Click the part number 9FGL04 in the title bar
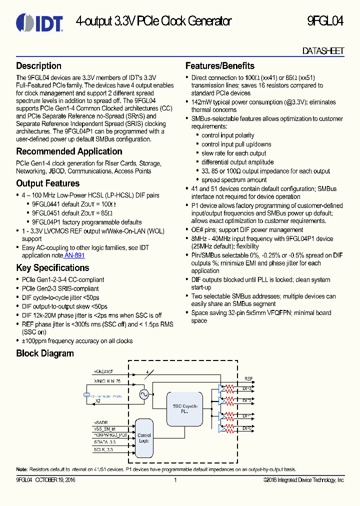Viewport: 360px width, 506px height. pos(325,21)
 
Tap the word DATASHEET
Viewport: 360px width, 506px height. pos(323,51)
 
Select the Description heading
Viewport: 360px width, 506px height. pos(38,66)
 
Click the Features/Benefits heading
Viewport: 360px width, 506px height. pos(219,66)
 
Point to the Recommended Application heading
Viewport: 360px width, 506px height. pos(69,151)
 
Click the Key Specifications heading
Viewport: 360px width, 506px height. pos(52,268)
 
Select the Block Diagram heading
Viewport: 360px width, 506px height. pos(45,353)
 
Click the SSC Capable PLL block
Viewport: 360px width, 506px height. pos(185,408)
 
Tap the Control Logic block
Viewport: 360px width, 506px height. pos(144,438)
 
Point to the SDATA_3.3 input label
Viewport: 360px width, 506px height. pos(104,441)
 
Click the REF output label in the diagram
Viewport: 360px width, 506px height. pos(248,379)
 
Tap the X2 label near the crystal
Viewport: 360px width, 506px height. pos(98,400)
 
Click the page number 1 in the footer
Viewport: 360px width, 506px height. pos(175,480)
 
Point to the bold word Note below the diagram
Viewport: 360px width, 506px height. pos(21,469)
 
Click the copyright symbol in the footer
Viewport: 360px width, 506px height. pos(265,480)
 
